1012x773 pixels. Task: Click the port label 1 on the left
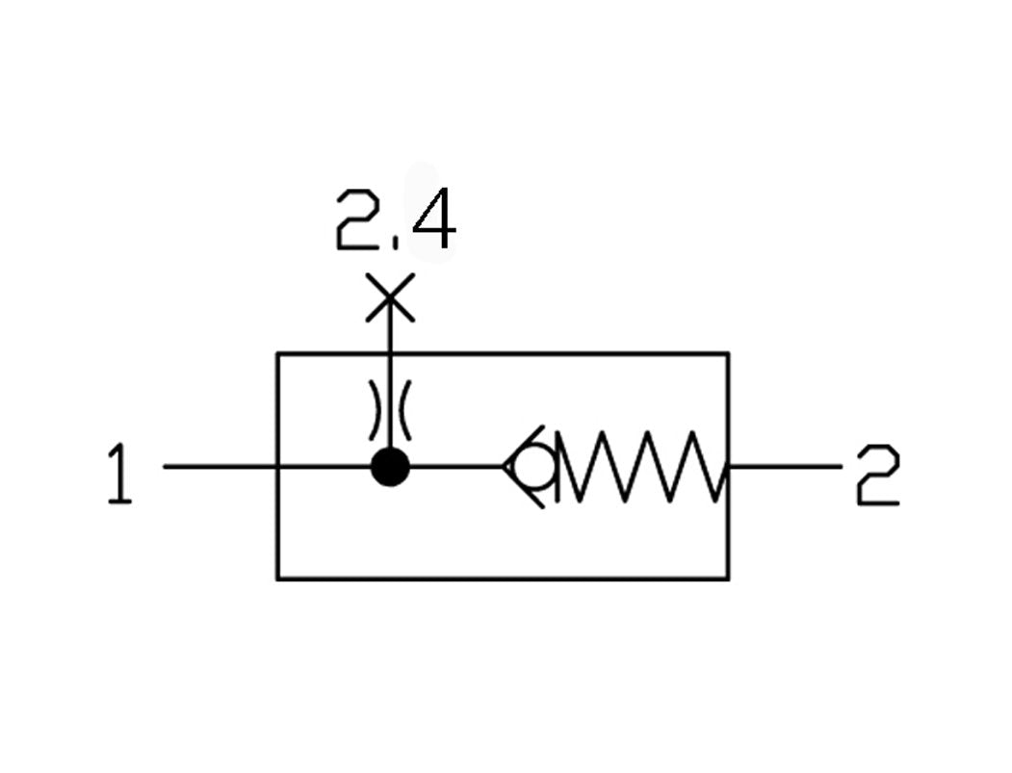point(119,474)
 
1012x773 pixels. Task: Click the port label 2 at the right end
point(877,476)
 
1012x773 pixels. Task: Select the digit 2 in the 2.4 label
point(356,221)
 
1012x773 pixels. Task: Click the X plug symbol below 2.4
point(390,297)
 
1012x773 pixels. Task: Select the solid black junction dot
point(390,468)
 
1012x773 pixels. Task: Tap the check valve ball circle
point(532,468)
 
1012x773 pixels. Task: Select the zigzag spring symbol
point(640,468)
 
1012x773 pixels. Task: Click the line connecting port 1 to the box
point(221,467)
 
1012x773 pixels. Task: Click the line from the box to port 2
point(784,467)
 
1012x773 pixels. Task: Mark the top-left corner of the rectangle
point(278,354)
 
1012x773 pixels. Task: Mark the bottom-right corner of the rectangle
point(727,579)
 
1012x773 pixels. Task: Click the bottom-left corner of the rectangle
point(278,579)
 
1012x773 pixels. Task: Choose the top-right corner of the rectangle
point(727,354)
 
